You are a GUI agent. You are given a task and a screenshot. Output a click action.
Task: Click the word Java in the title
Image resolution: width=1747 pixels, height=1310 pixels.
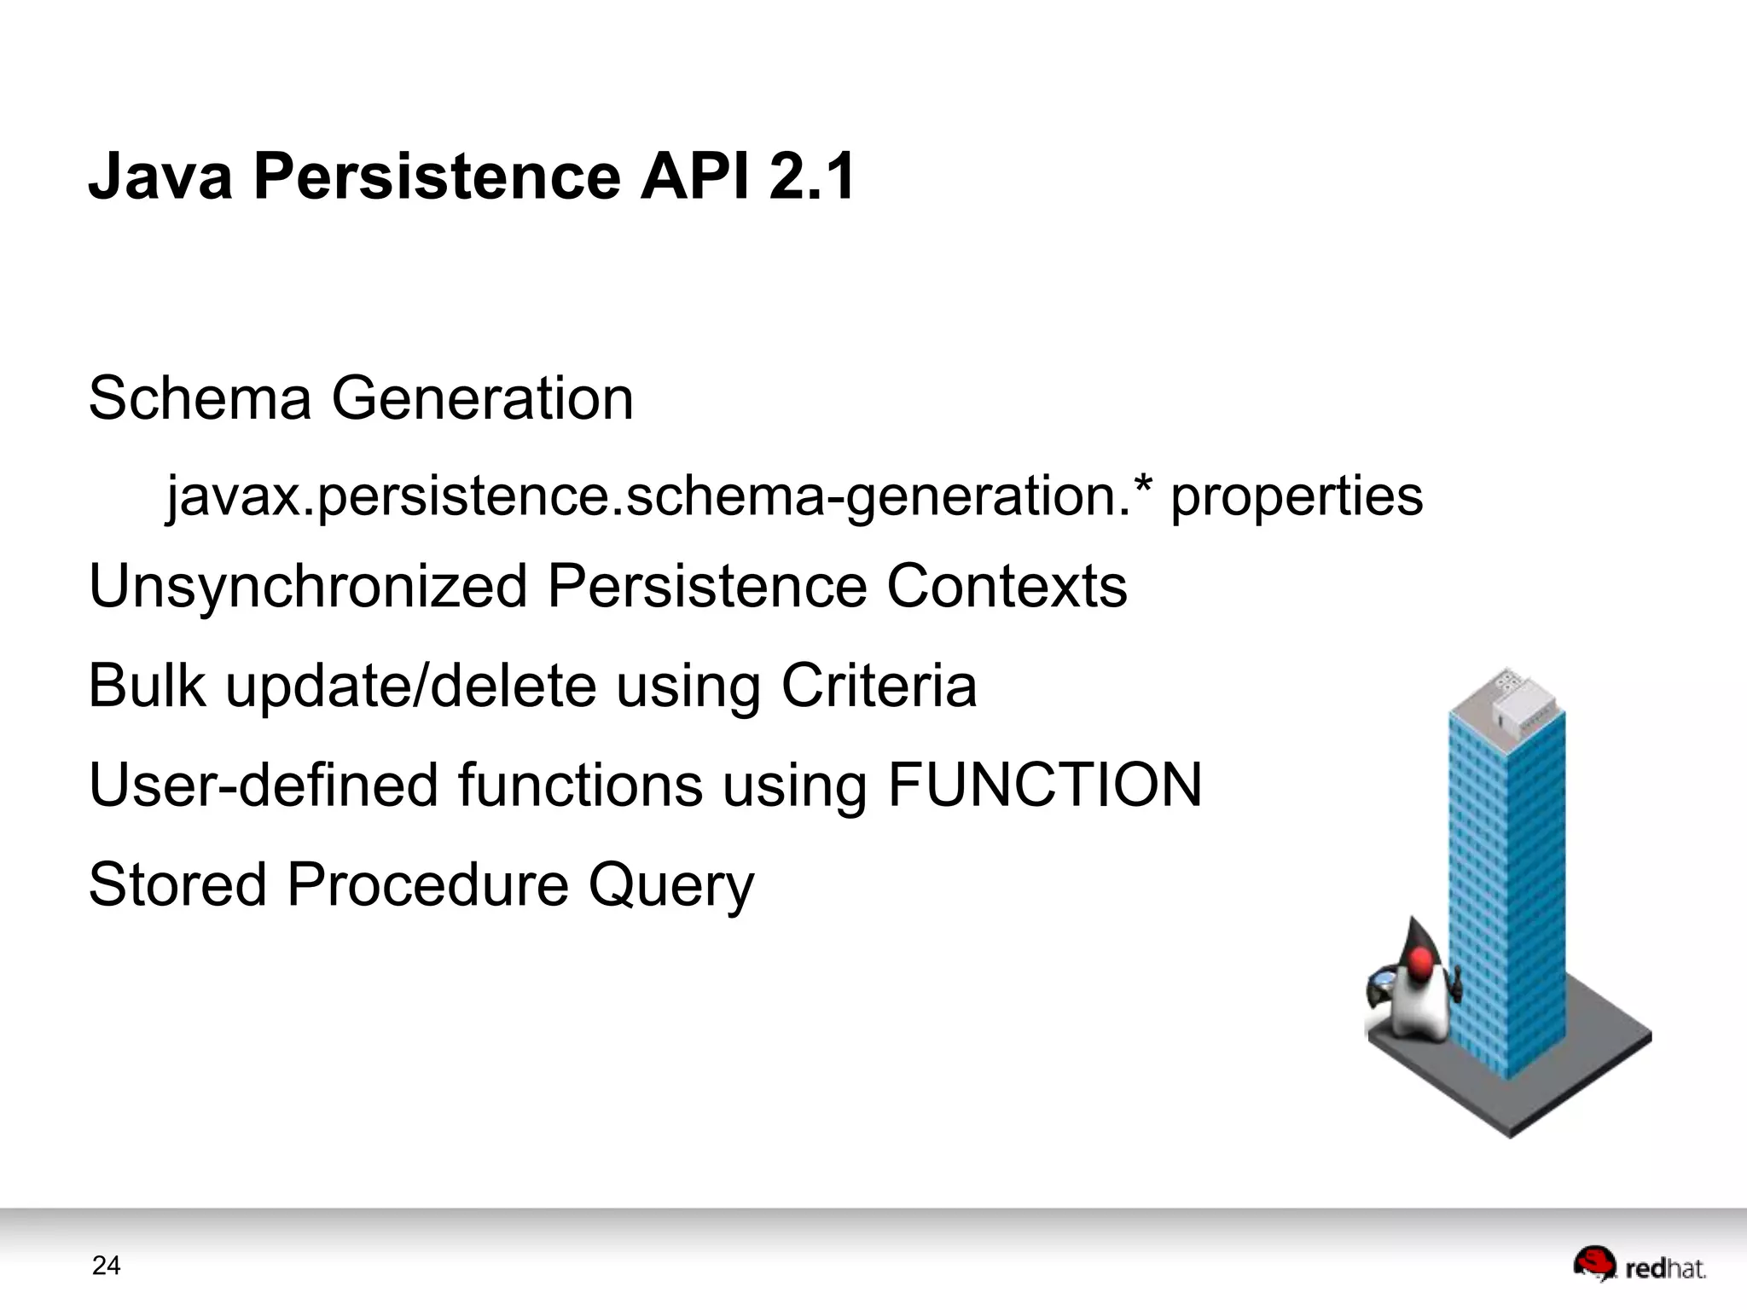(160, 177)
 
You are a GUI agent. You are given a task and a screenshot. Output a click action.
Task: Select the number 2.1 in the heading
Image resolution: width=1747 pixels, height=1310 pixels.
(811, 177)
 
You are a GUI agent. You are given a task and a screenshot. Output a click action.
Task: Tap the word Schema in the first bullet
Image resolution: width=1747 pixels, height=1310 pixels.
(200, 398)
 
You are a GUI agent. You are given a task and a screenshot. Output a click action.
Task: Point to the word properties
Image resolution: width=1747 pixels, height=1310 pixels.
(1296, 497)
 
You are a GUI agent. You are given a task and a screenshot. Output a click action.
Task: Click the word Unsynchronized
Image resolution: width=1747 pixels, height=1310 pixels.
(308, 587)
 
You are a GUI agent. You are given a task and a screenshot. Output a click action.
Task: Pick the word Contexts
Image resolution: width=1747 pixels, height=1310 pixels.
(1007, 587)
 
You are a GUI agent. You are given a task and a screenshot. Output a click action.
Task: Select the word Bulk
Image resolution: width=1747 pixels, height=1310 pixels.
(147, 686)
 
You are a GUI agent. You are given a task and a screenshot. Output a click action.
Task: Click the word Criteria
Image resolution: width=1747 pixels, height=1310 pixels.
(879, 686)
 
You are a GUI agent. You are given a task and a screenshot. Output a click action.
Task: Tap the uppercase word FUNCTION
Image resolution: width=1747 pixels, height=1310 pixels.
(1044, 785)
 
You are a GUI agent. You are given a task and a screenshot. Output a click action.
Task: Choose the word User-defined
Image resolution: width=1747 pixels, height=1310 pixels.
(264, 785)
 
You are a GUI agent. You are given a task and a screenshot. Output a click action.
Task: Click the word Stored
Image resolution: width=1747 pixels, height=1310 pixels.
(177, 884)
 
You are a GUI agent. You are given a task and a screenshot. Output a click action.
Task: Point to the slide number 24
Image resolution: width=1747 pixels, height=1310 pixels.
(106, 1266)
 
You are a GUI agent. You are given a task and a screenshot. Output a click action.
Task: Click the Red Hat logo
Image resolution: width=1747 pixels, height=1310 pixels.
(1639, 1266)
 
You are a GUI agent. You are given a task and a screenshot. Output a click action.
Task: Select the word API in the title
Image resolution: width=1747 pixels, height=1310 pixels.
(695, 177)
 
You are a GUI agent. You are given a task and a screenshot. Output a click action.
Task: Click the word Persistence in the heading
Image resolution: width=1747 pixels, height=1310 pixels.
(437, 177)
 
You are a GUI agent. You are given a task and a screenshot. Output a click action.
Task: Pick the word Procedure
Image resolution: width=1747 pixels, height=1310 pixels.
(427, 884)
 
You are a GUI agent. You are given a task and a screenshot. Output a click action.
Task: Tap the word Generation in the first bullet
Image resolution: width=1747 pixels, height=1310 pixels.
(482, 398)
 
